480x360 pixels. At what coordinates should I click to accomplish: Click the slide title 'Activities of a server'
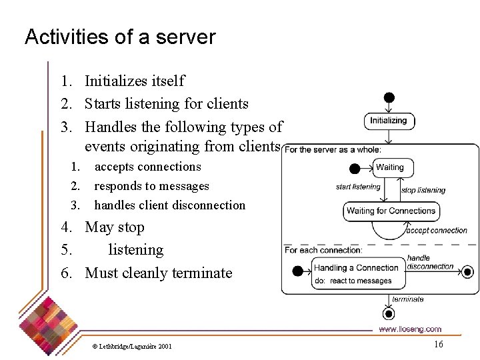click(120, 37)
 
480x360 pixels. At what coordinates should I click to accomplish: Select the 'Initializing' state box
click(389, 121)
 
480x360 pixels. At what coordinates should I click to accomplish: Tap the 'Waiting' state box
click(390, 167)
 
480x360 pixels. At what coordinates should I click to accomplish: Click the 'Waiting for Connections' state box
click(391, 211)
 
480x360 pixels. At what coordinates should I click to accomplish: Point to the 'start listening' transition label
click(358, 187)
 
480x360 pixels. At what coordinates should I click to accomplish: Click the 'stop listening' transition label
click(423, 190)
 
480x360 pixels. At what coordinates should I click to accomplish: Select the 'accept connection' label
click(437, 231)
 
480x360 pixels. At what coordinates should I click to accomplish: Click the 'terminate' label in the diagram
click(408, 299)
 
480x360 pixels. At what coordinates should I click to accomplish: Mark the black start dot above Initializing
click(389, 97)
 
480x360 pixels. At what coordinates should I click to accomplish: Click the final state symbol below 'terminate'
click(389, 313)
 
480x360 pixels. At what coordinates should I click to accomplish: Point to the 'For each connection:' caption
click(324, 250)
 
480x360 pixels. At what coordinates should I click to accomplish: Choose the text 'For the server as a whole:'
click(333, 149)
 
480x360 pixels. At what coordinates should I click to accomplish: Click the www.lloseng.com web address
click(410, 329)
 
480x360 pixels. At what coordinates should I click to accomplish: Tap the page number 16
click(438, 344)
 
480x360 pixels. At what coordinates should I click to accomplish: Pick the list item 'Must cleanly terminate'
click(159, 273)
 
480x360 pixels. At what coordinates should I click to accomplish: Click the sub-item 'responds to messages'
click(151, 186)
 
